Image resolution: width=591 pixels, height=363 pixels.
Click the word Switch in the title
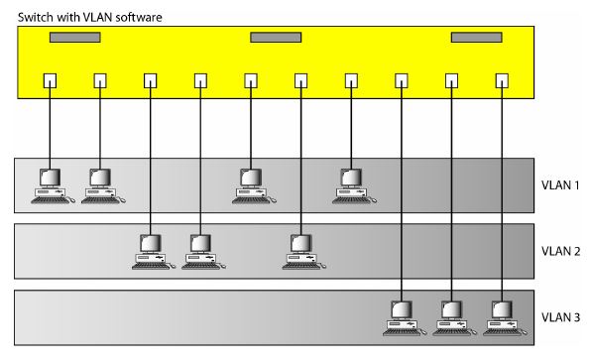point(28,17)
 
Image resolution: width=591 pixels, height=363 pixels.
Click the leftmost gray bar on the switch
point(75,38)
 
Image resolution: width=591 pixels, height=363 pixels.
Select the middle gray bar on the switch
point(276,38)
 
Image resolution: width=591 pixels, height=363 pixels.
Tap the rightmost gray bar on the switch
point(476,38)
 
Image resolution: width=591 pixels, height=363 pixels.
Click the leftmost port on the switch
point(50,81)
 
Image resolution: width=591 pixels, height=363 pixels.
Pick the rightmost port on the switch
point(502,81)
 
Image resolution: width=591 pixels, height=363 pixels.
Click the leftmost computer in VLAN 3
point(401,315)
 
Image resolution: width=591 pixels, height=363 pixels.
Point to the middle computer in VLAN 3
point(451,315)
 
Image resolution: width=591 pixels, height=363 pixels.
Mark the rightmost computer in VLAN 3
point(502,315)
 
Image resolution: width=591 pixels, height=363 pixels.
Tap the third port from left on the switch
point(150,81)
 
